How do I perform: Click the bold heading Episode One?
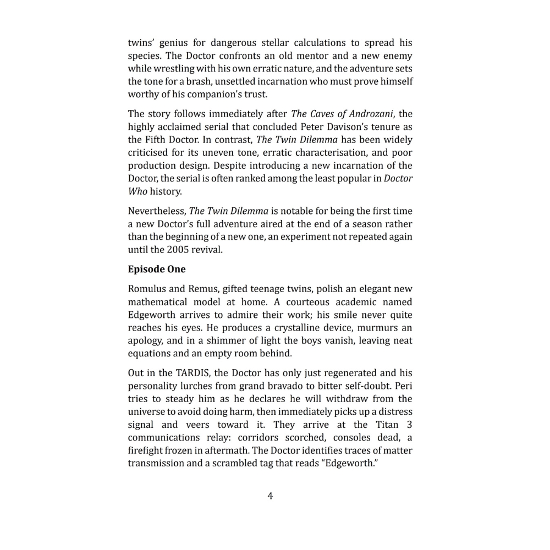click(157, 269)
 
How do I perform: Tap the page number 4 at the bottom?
click(270, 496)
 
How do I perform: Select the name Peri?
click(404, 386)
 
